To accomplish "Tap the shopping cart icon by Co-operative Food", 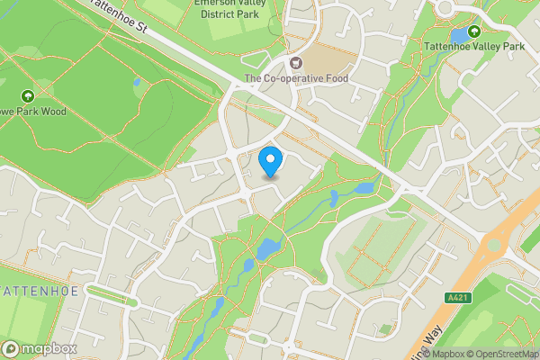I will tap(294, 63).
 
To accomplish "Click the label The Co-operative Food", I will tap(296, 79).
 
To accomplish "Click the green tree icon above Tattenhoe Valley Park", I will tap(474, 31).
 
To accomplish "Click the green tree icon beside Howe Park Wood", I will tap(27, 95).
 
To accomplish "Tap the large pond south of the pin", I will tap(267, 248).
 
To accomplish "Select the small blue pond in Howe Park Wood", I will tap(137, 82).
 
